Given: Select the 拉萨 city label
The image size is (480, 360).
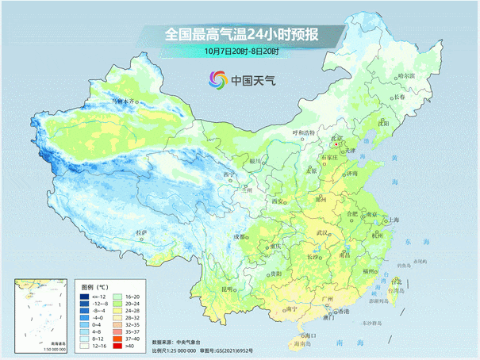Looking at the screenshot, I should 141,232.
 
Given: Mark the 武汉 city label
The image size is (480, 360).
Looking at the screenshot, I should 322,232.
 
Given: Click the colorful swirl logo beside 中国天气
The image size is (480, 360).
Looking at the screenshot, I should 217,79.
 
